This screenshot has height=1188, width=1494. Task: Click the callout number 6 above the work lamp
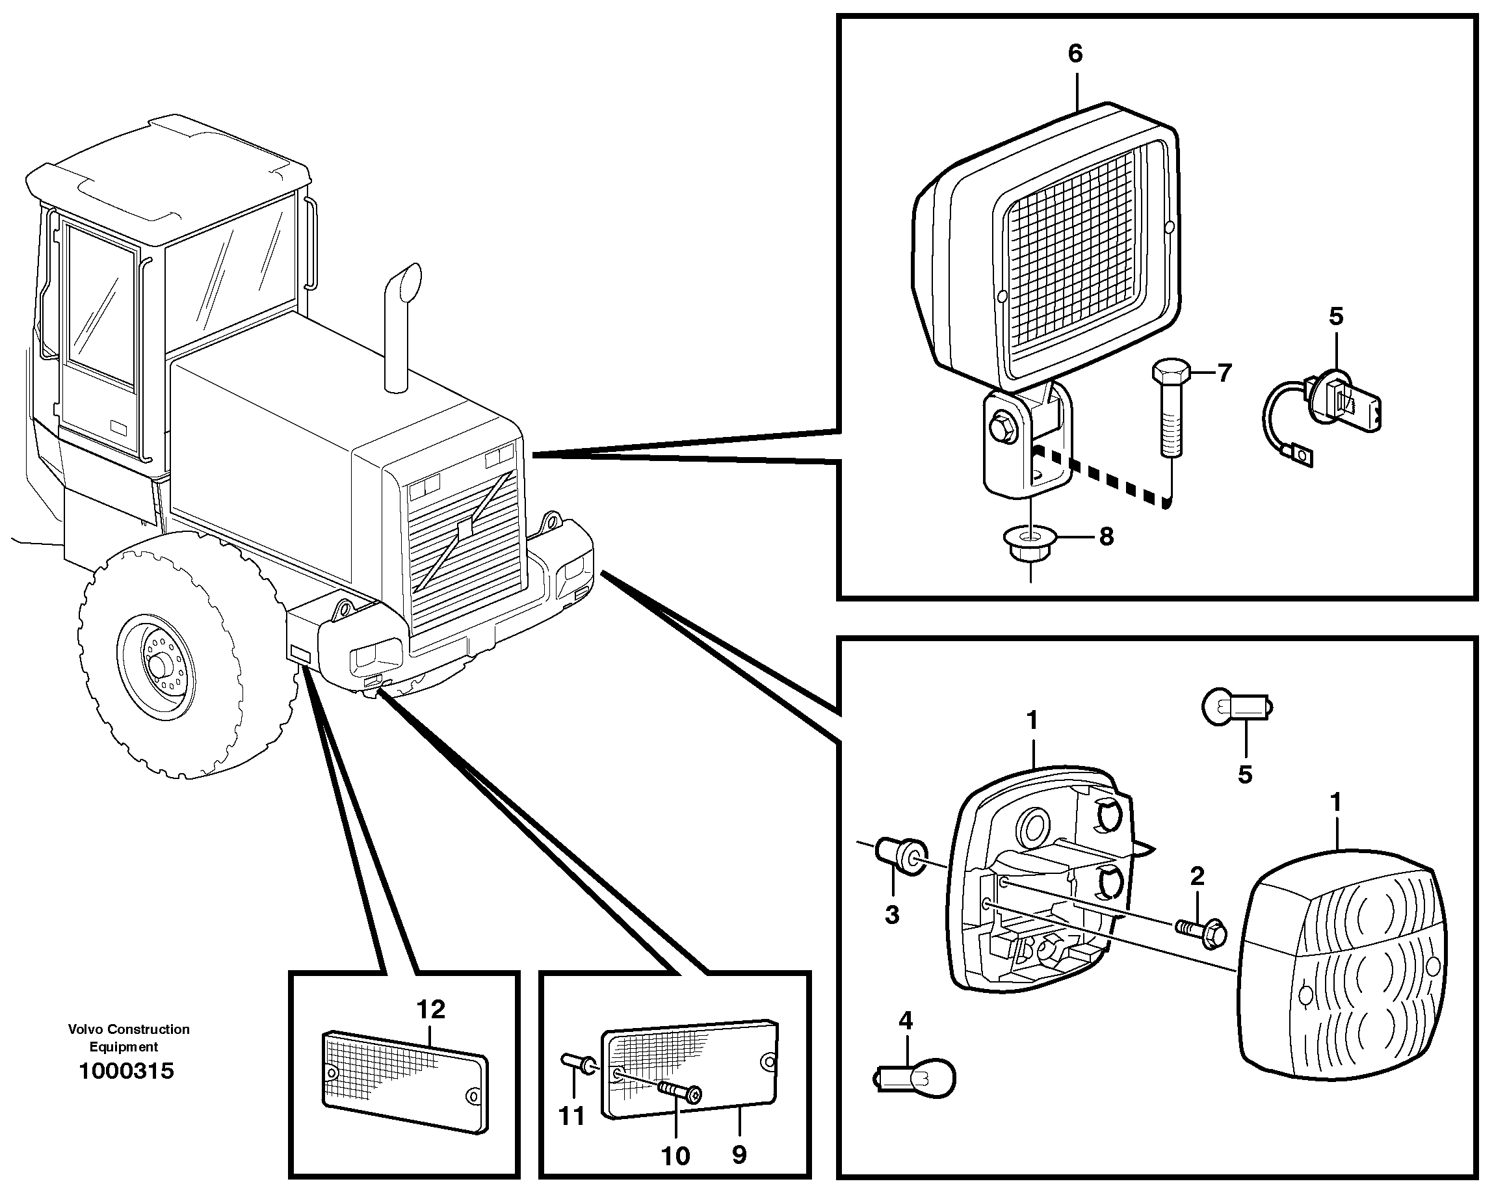(1075, 53)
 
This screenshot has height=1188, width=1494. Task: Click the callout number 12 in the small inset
(430, 1009)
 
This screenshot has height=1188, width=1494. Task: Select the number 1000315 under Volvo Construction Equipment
(126, 1071)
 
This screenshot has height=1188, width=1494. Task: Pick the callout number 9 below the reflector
(739, 1155)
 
